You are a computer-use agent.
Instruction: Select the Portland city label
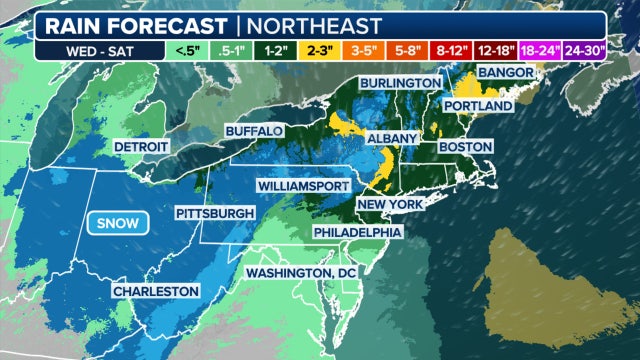pos(479,105)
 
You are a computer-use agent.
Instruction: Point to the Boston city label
pos(467,147)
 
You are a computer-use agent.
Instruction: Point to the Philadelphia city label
pos(358,232)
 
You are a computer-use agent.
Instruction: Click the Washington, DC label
pos(300,272)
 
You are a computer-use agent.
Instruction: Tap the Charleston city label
pos(156,291)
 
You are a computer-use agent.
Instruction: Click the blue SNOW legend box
pos(117,223)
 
